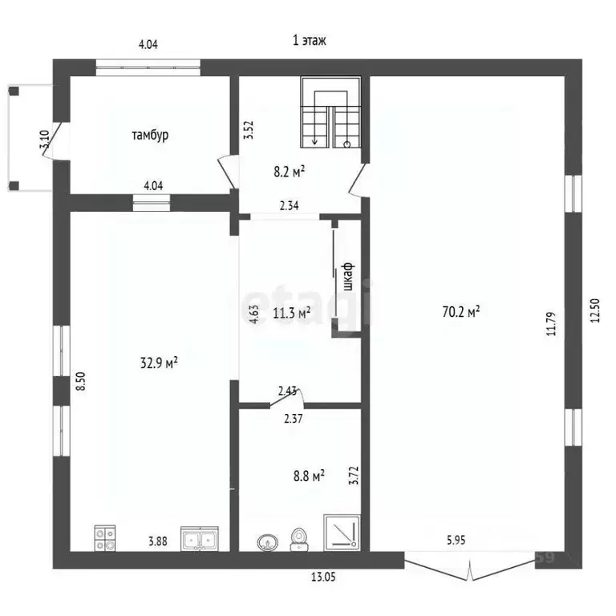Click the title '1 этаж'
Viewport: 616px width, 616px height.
point(310,39)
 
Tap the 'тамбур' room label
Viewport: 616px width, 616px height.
point(150,135)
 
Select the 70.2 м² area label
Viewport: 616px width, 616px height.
point(461,312)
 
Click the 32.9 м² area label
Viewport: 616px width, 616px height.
point(159,363)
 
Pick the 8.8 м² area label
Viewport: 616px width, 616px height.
point(306,476)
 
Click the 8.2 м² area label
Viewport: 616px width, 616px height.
point(289,170)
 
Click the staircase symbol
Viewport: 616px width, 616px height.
point(330,113)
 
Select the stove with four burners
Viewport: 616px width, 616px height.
point(105,537)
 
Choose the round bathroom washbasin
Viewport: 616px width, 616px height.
point(269,543)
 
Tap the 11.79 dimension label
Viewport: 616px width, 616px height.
point(551,318)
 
